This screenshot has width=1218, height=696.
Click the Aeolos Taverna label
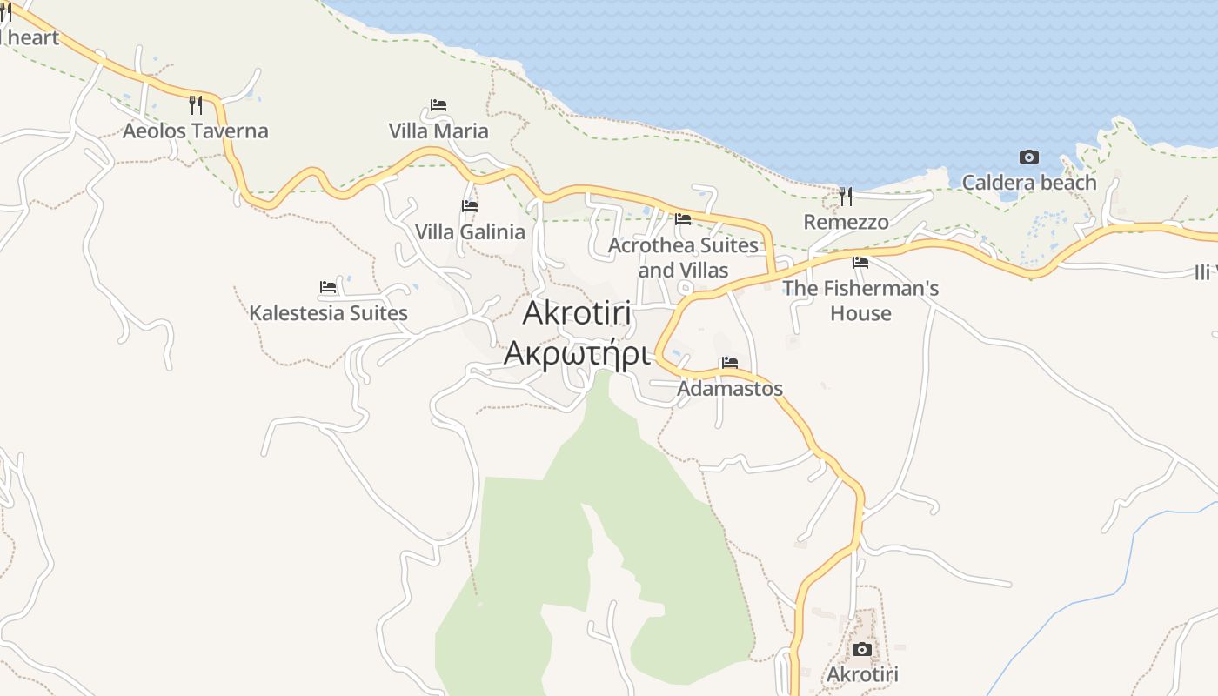tap(195, 131)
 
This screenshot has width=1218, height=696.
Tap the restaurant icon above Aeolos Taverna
tap(196, 105)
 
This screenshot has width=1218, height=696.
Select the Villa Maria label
tap(438, 131)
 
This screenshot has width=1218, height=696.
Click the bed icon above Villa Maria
tap(438, 105)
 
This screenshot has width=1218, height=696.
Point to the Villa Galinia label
tap(470, 232)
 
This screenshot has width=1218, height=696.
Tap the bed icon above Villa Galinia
tap(470, 206)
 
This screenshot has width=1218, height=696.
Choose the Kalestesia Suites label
tap(328, 313)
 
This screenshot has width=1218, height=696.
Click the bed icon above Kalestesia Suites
tap(328, 286)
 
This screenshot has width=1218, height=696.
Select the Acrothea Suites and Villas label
tap(683, 258)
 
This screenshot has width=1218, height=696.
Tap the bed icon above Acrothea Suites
tap(683, 219)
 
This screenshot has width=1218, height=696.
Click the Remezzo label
tap(846, 222)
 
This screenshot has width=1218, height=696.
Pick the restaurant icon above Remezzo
tap(846, 197)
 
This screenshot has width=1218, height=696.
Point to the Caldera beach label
tap(1028, 183)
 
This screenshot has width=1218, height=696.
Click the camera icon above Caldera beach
tap(1029, 157)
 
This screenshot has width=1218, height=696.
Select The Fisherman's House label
tap(860, 300)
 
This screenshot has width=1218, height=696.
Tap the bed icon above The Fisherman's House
tap(860, 262)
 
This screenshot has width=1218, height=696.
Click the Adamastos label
tap(729, 389)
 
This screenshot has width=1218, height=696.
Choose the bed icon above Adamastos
tap(729, 363)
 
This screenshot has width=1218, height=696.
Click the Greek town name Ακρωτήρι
tap(577, 354)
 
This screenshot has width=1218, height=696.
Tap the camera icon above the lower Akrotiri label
tap(862, 649)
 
